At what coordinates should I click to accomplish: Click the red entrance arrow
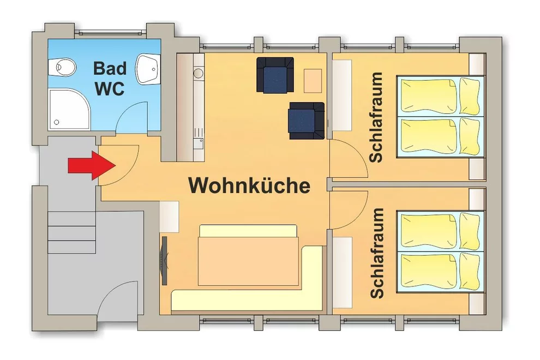[92, 165]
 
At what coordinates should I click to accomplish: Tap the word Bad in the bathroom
[110, 68]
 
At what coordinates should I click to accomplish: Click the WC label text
[110, 88]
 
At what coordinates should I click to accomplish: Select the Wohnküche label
[249, 185]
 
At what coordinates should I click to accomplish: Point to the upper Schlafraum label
[376, 117]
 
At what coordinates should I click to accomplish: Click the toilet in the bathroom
[62, 67]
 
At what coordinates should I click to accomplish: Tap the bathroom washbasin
[148, 69]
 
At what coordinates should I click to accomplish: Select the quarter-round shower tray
[70, 109]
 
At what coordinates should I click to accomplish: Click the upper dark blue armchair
[275, 75]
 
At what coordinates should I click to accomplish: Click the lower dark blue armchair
[306, 121]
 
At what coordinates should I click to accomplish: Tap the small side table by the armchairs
[313, 81]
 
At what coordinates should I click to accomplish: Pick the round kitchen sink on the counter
[199, 73]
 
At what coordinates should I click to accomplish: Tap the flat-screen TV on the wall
[165, 260]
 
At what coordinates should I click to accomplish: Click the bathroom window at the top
[111, 32]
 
